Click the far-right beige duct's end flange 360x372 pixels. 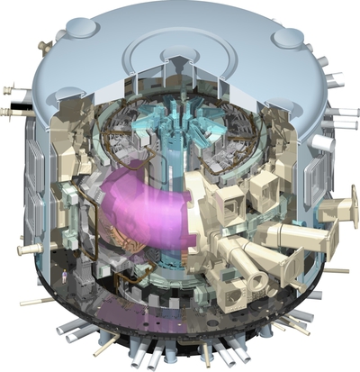click(346, 208)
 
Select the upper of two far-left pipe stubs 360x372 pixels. click(11, 90)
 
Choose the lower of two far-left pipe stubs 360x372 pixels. click(11, 111)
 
